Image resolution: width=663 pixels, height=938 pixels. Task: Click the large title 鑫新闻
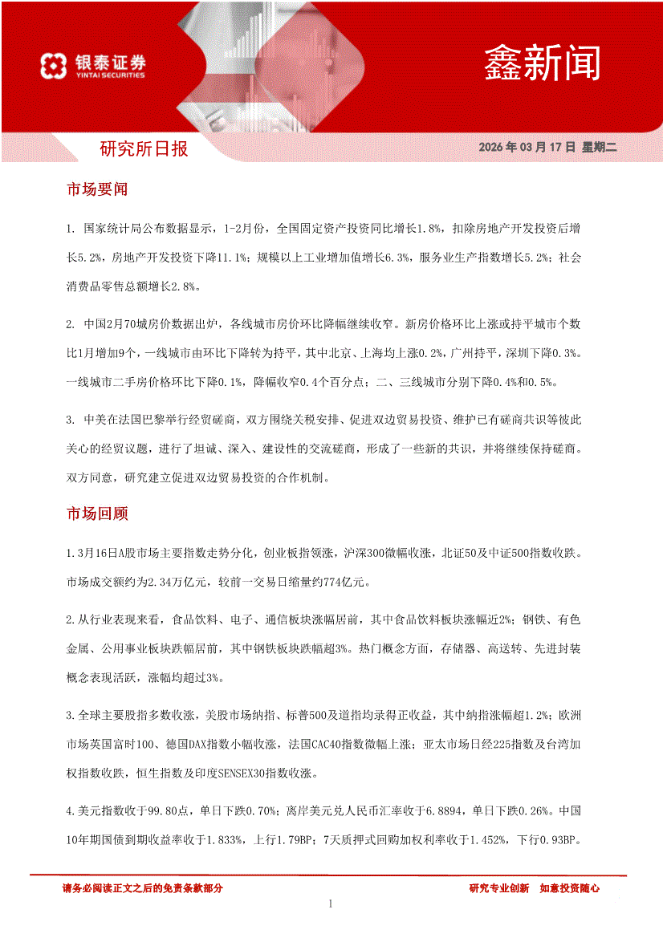(x=542, y=62)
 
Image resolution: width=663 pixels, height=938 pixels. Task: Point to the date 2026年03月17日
(x=527, y=148)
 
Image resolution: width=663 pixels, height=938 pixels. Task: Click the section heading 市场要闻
(x=97, y=190)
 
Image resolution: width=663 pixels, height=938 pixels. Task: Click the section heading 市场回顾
(x=97, y=514)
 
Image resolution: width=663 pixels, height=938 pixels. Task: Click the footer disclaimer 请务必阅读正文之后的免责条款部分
(x=142, y=888)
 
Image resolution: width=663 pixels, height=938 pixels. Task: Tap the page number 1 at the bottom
(x=331, y=904)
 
